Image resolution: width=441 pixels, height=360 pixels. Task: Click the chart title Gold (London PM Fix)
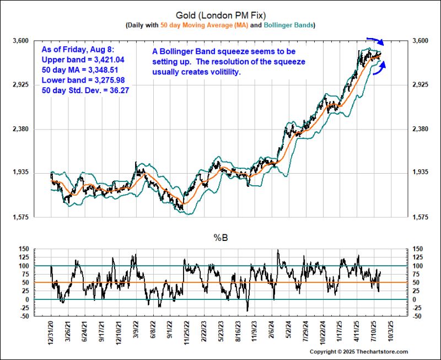pos(220,15)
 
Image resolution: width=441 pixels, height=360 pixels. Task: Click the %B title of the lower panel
pos(220,239)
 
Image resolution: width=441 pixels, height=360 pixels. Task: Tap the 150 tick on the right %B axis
pos(418,249)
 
